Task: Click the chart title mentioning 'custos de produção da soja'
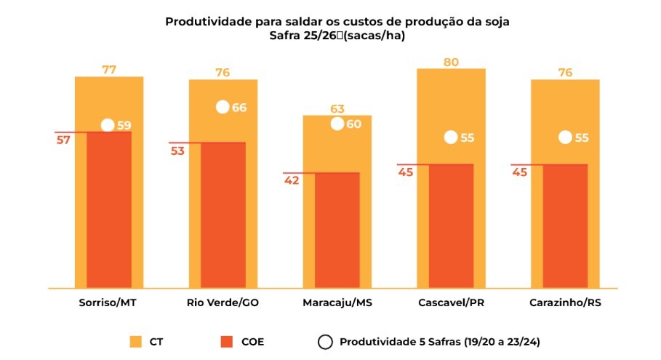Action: click(x=337, y=21)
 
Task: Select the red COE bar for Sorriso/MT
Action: click(x=109, y=211)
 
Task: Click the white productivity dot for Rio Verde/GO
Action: click(x=223, y=108)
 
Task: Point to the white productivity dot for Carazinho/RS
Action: click(x=564, y=137)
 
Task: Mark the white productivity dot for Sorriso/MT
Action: click(x=108, y=125)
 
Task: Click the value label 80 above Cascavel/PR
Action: click(x=451, y=62)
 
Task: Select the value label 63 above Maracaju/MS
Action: click(x=337, y=109)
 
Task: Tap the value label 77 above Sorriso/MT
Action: click(x=109, y=70)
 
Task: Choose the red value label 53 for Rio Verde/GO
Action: click(x=178, y=151)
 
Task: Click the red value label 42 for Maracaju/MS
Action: click(x=292, y=181)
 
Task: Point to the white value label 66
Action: click(x=240, y=108)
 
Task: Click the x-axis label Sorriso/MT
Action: click(x=108, y=302)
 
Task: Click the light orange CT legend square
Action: click(x=135, y=341)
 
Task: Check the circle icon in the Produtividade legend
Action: click(x=324, y=341)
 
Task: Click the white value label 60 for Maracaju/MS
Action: click(x=354, y=124)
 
